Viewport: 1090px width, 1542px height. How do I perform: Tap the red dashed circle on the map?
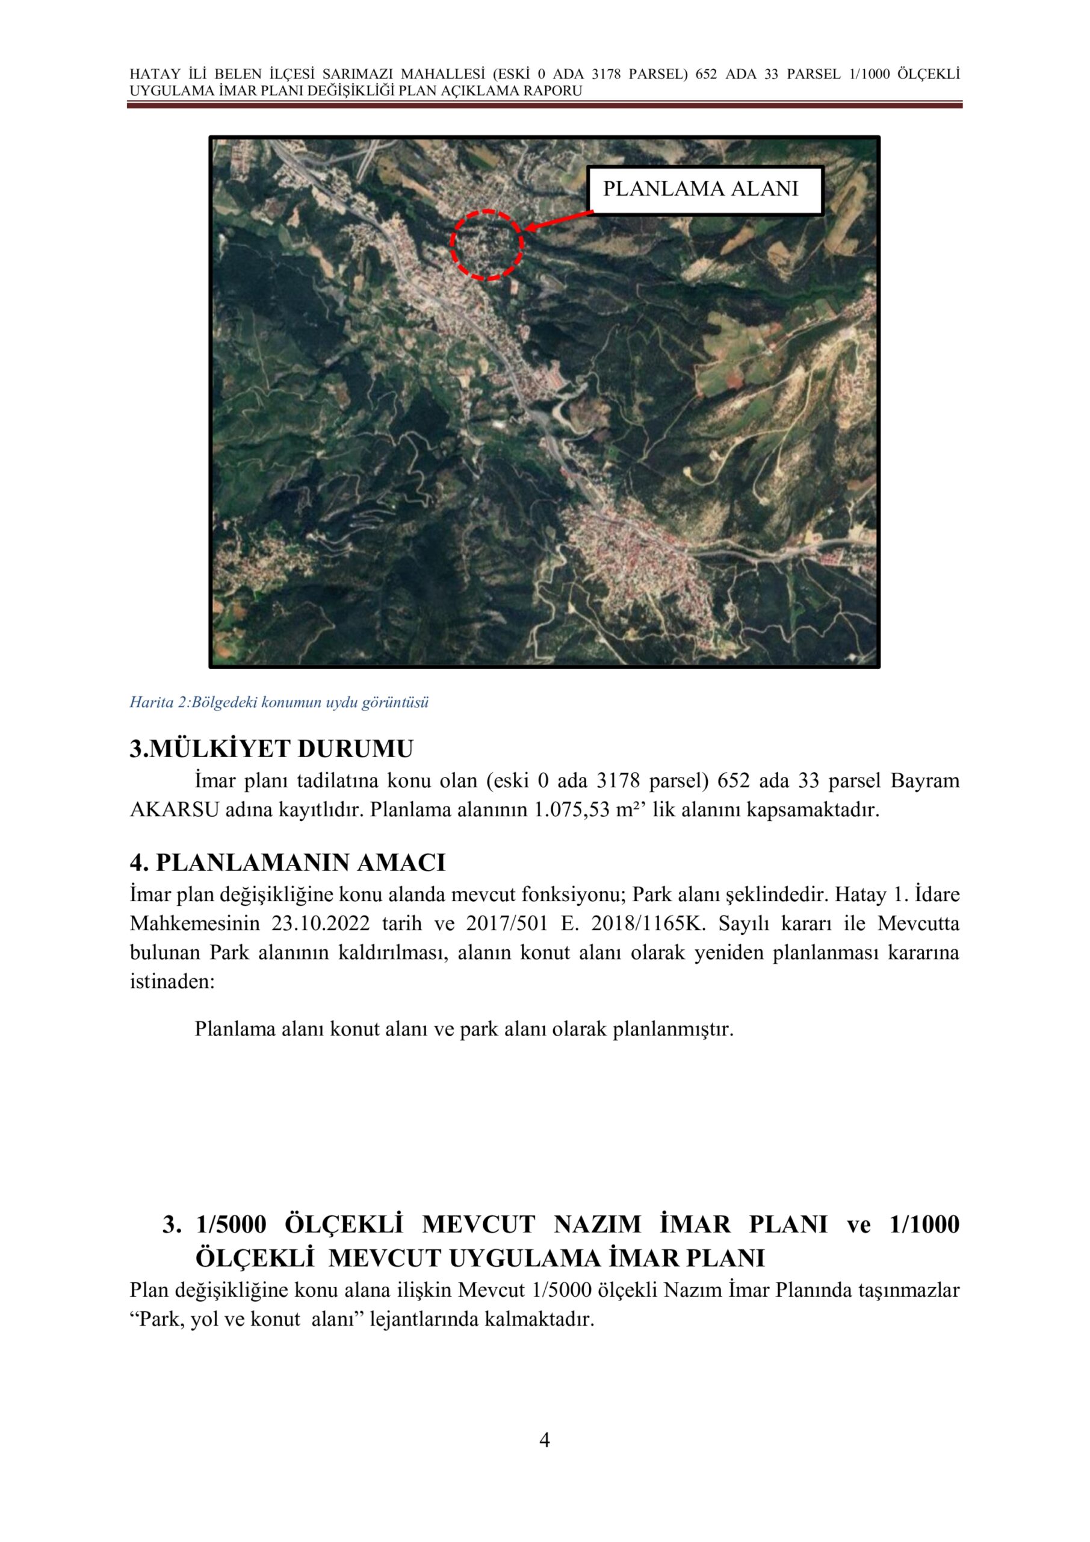pyautogui.click(x=486, y=245)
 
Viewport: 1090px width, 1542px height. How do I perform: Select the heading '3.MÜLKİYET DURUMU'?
pyautogui.click(x=271, y=749)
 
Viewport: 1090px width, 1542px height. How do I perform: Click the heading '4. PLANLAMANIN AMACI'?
pyautogui.click(x=287, y=863)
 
